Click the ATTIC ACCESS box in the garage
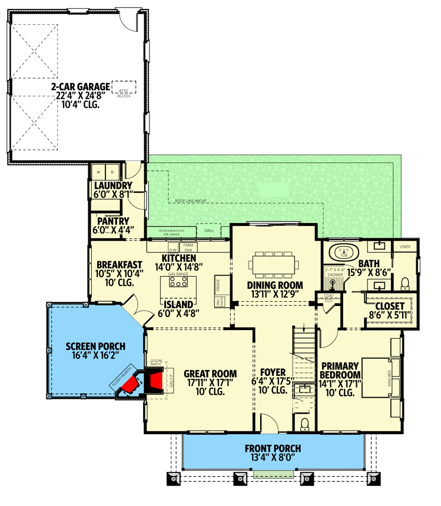point(124,88)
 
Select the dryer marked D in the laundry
point(112,172)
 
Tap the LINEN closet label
point(406,246)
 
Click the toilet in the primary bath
point(405,284)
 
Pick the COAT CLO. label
point(329,298)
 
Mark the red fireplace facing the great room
point(155,382)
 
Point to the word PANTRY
point(110,221)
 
